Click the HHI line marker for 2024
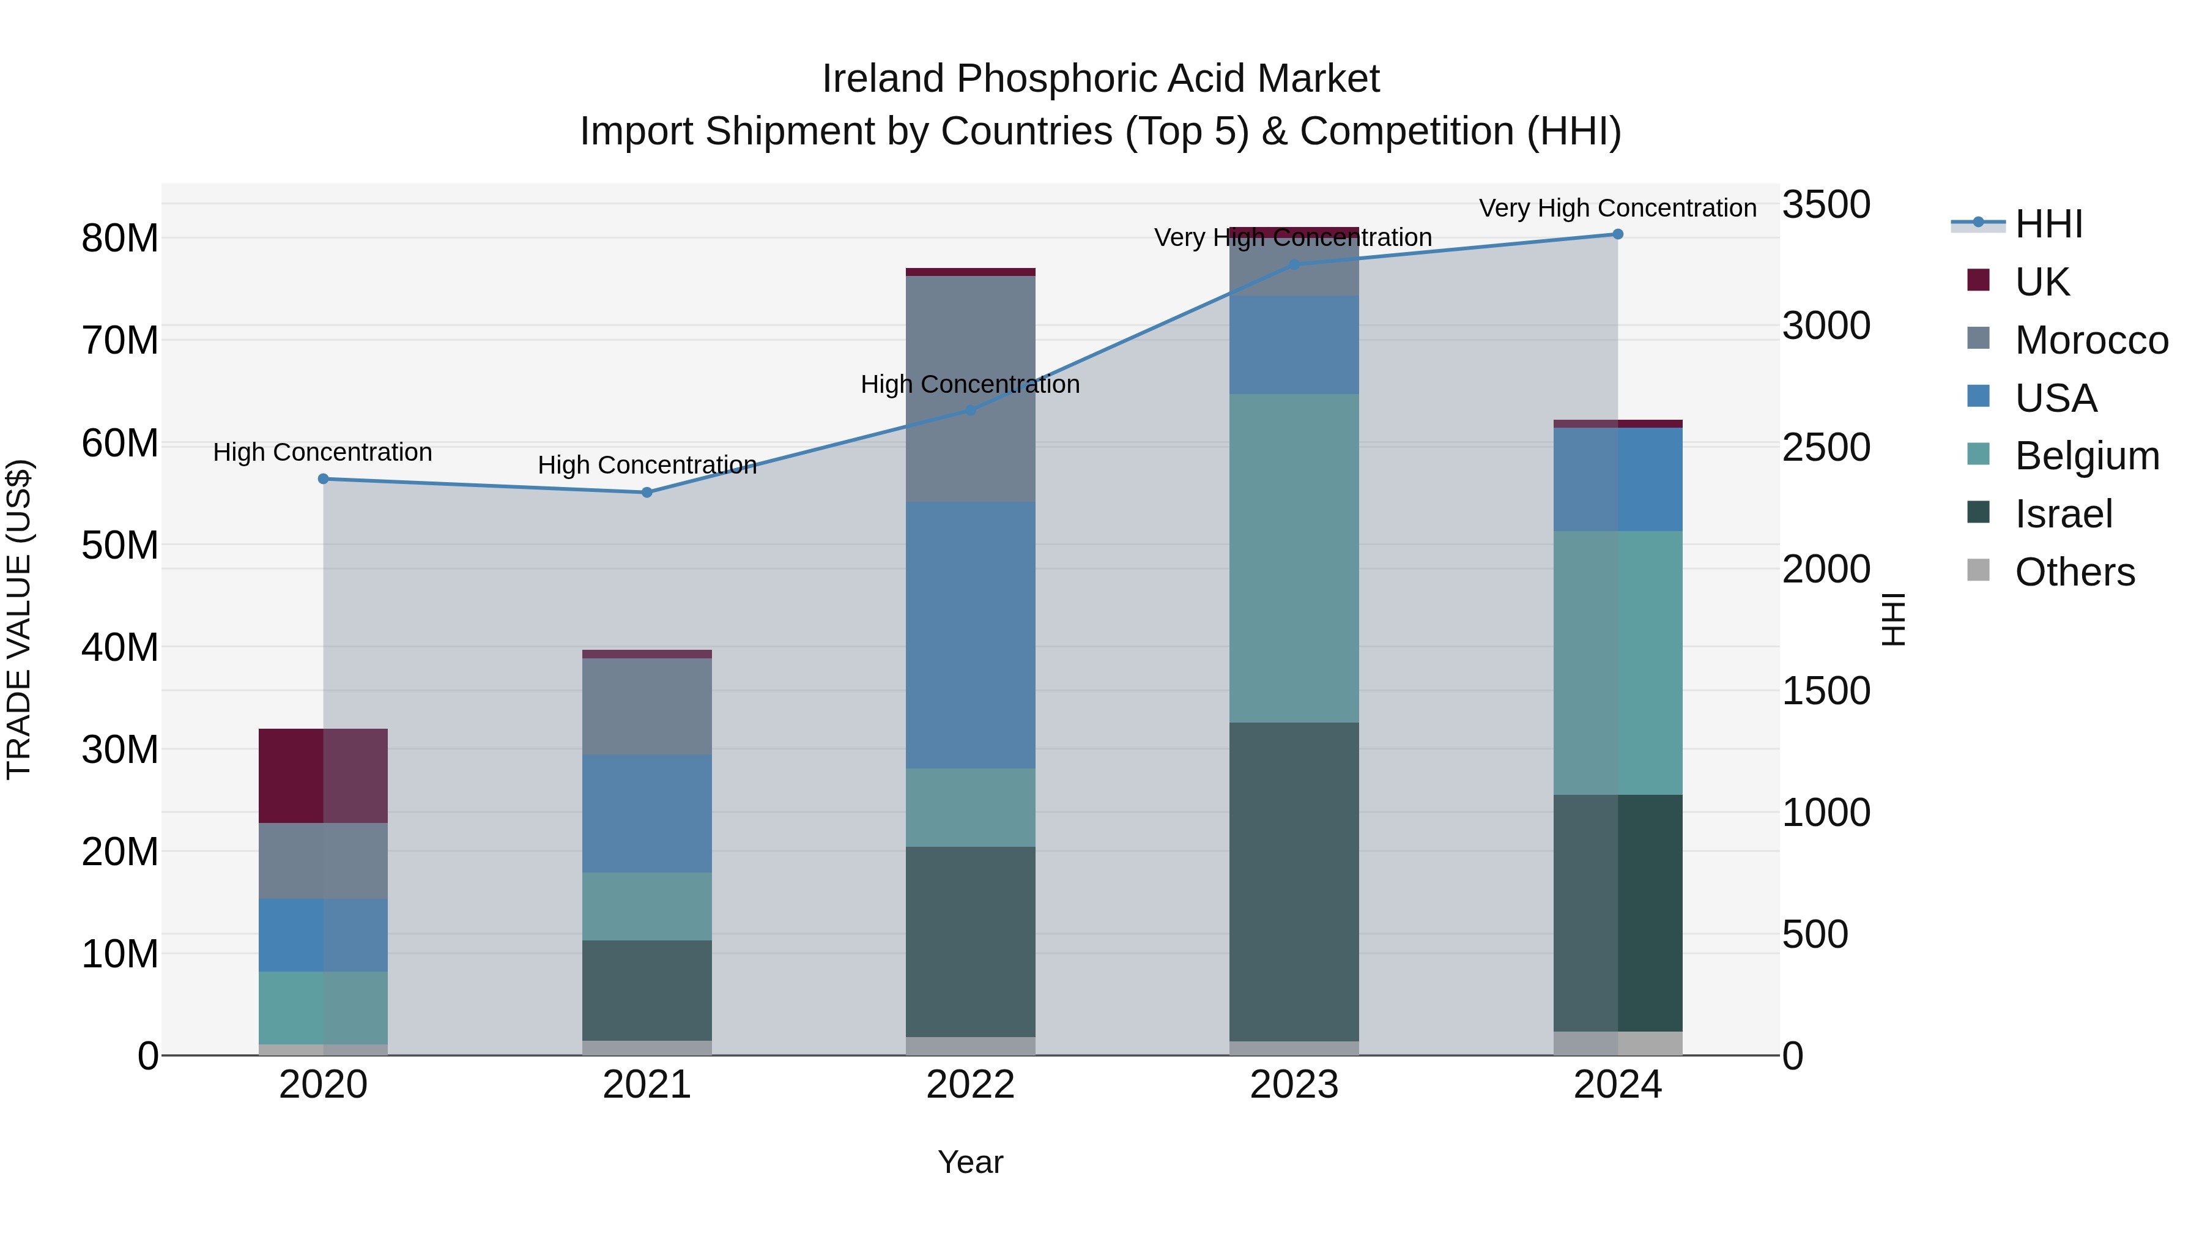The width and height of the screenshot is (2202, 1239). [x=1617, y=234]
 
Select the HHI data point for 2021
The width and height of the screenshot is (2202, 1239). [x=647, y=493]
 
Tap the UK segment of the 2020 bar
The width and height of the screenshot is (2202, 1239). [x=323, y=776]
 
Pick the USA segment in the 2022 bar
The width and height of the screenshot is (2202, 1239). [x=970, y=634]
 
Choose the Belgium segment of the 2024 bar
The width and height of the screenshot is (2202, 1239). [x=1617, y=663]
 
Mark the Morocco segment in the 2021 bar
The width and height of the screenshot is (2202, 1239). [x=647, y=705]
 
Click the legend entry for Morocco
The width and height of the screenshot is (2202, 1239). [x=2090, y=340]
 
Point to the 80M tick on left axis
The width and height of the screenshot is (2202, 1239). [x=120, y=239]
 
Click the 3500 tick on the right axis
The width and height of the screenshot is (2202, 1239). [x=1826, y=205]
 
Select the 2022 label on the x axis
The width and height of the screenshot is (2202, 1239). [x=970, y=1085]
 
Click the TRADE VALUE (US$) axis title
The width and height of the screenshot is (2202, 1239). [x=19, y=619]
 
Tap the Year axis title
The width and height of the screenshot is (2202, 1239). [x=970, y=1162]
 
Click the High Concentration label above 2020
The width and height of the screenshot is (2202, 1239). [x=322, y=452]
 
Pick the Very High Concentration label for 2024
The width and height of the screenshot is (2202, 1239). [x=1617, y=209]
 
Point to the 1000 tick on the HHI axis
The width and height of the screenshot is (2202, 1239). [x=1826, y=813]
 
